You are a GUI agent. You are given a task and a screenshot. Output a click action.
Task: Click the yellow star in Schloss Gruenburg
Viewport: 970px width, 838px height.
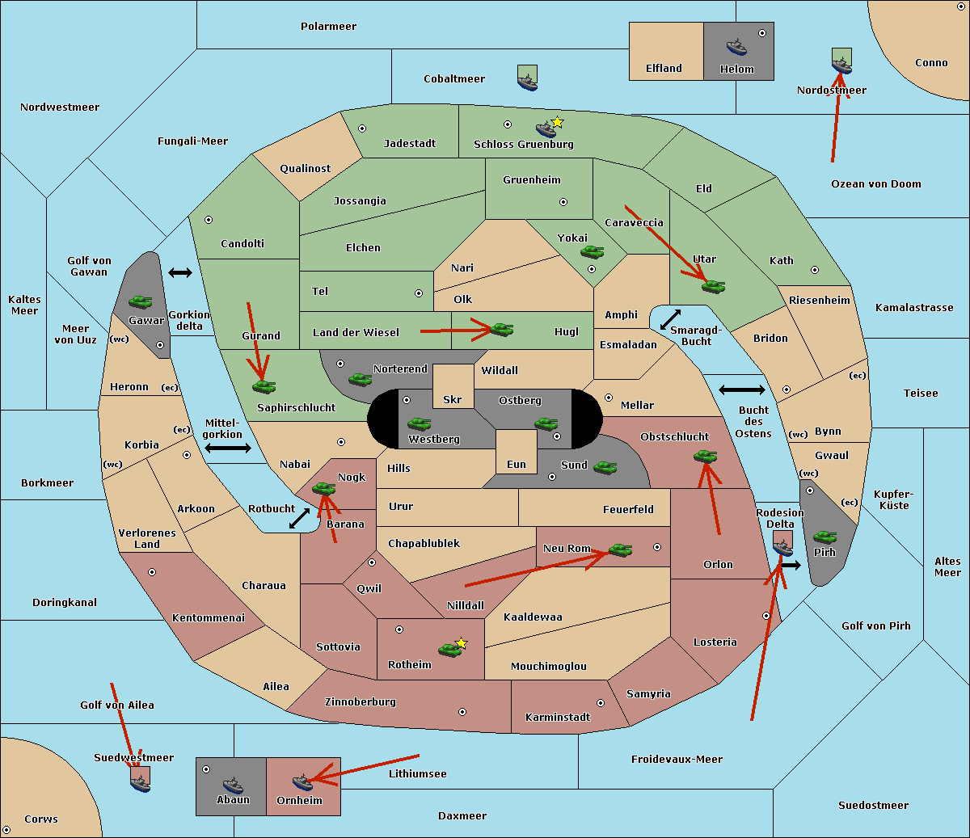557,123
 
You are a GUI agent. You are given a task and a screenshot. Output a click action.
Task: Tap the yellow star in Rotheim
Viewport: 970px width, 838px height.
462,642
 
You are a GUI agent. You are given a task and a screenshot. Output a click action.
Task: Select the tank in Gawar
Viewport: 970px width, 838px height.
141,301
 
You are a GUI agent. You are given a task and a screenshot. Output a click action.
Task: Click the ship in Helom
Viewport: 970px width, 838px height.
736,46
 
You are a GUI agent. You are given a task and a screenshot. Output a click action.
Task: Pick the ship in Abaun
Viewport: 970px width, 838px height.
234,785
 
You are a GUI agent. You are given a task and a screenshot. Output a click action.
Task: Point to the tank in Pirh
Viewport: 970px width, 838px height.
825,537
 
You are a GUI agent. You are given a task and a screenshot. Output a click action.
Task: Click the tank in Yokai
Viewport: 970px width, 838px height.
593,252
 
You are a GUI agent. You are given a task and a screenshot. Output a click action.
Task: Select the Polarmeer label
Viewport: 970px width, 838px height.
328,27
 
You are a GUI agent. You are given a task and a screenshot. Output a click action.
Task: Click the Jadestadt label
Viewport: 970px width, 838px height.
410,143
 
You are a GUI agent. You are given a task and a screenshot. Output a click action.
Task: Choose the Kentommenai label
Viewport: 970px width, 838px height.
209,617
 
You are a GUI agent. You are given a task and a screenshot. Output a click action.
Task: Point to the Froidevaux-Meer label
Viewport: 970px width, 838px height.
677,759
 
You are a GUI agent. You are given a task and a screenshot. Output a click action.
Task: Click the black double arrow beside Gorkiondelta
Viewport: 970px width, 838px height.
180,272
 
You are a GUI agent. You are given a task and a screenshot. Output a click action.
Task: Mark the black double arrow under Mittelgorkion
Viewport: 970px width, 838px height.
228,448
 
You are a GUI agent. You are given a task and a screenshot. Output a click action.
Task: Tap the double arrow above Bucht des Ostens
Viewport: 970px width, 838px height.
742,390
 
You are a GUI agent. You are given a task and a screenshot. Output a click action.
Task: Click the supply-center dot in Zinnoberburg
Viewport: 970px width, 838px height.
462,712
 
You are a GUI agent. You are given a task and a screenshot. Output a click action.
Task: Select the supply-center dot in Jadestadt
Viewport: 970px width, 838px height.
362,128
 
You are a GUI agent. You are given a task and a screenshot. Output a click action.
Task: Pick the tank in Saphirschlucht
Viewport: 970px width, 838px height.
264,386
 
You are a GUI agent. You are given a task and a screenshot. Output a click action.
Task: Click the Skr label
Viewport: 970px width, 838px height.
453,399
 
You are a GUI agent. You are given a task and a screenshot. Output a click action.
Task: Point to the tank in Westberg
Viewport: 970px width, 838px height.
419,423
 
